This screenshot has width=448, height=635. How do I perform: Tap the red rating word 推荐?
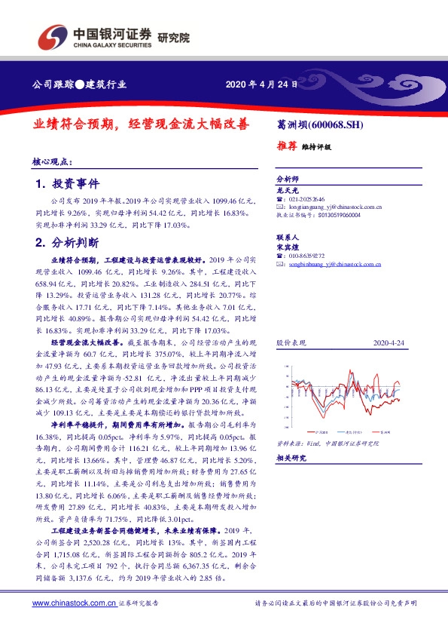tap(286, 147)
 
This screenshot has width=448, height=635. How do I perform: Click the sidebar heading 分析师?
tap(288, 179)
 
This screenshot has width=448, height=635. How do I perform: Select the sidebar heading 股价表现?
tap(291, 342)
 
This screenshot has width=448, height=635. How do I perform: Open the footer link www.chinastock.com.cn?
tap(74, 603)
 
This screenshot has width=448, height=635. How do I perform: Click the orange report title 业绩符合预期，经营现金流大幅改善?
tap(140, 126)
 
